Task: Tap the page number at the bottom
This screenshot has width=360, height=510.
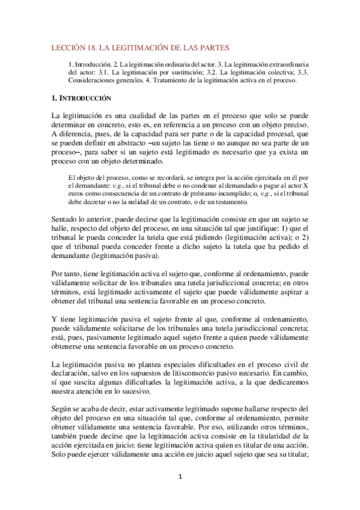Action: [180, 477]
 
